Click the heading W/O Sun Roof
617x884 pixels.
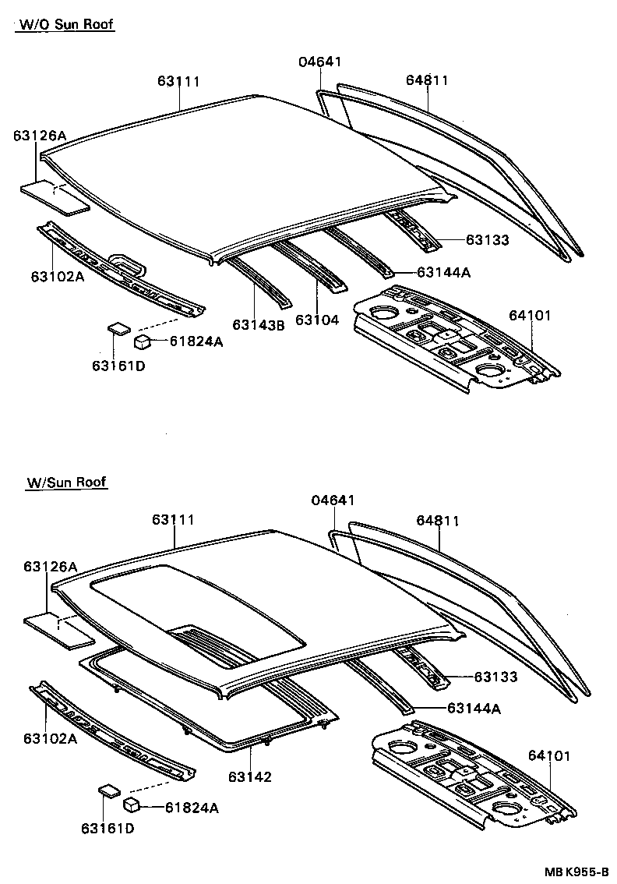65,25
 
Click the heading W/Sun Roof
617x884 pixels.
65,483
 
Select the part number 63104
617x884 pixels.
317,320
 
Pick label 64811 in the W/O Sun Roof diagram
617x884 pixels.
427,80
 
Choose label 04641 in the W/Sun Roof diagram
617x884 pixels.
333,500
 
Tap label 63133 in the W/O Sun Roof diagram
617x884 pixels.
488,240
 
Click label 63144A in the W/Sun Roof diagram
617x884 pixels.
474,708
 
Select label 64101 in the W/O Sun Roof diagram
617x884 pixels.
530,315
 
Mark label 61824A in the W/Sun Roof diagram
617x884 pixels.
192,808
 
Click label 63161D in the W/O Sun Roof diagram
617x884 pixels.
118,366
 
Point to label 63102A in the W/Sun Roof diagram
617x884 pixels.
50,738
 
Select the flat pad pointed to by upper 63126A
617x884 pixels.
55,197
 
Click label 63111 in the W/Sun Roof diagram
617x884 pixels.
173,520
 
